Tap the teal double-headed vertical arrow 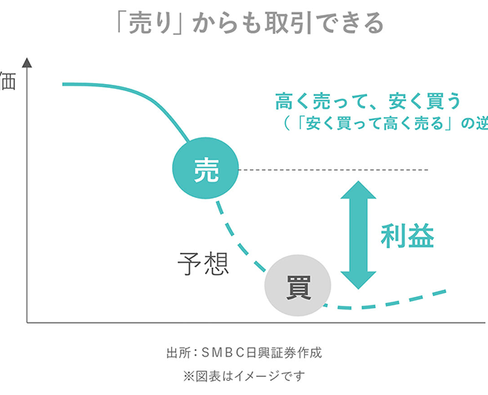[x=358, y=236]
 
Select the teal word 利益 [x=407, y=236]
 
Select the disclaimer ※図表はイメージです [x=244, y=375]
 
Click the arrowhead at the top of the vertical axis [x=28, y=62]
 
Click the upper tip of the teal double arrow [x=358, y=185]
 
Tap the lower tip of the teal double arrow [x=358, y=286]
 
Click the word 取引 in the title [x=283, y=24]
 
